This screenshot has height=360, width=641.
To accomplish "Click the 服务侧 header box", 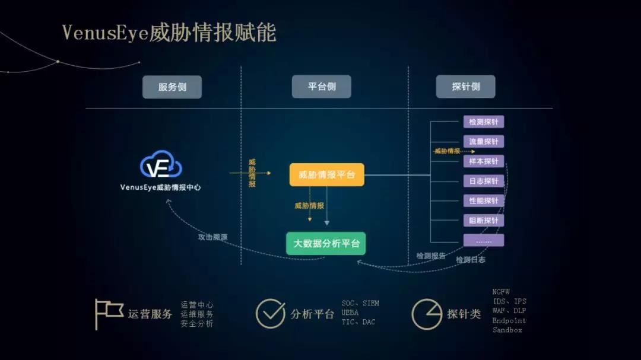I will coord(172,87).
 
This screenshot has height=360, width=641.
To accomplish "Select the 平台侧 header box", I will coord(322,87).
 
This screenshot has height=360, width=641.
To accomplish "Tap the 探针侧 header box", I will coord(465,87).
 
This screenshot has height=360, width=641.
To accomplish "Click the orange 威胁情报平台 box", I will coord(326,175).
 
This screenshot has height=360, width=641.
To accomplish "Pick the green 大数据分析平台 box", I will coord(326,243).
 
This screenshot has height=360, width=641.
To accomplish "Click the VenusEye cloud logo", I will coord(161,165).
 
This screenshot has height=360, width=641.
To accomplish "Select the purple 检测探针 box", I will coord(483,122).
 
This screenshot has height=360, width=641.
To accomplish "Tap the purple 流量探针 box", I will coord(483,142).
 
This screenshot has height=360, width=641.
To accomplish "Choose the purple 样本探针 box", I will coord(483,161).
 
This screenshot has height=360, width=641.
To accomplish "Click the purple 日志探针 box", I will coord(483,181).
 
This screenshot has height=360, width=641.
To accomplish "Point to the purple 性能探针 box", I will coord(483,200).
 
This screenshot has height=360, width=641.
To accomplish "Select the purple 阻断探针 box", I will coord(483,220).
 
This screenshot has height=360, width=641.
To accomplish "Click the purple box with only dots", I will coord(483,240).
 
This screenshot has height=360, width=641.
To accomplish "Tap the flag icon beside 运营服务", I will coord(107,313).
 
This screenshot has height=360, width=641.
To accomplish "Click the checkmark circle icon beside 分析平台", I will coord(270,313).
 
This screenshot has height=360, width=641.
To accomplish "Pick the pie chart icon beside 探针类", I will coord(426,314).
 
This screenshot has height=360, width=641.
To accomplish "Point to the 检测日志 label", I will coord(470,260).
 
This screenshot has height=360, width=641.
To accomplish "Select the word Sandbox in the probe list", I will coord(507,330).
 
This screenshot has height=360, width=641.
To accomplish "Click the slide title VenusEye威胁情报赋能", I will coord(169,33).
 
